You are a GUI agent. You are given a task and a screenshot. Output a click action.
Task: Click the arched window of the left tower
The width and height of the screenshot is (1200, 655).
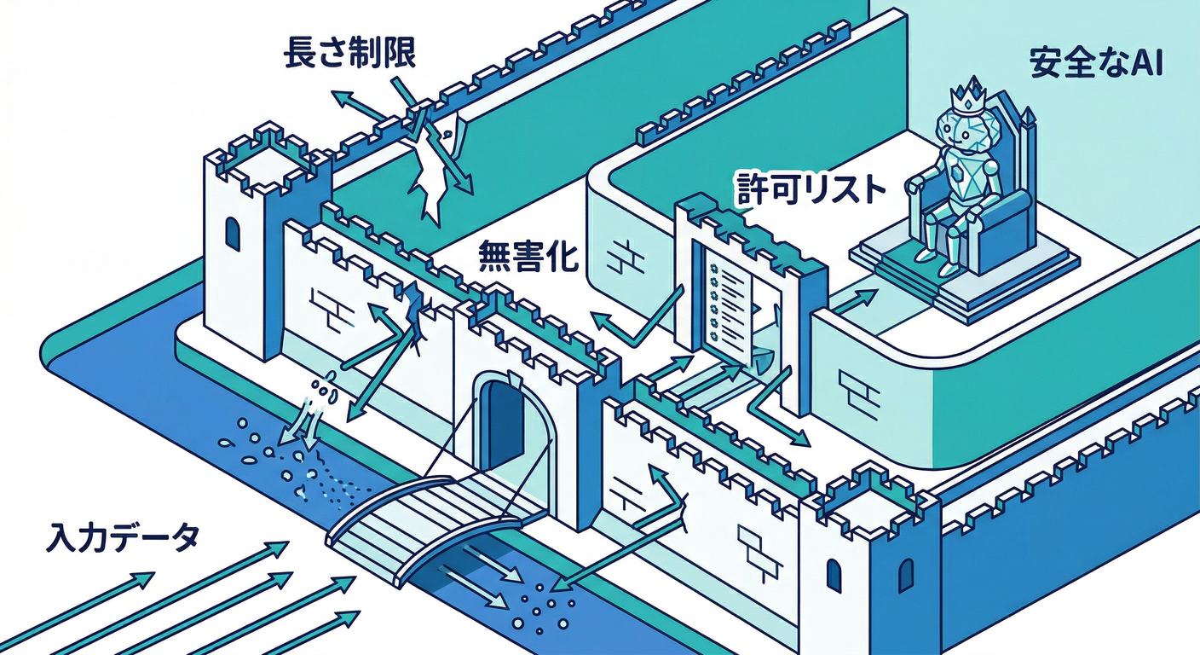(x=232, y=233)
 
